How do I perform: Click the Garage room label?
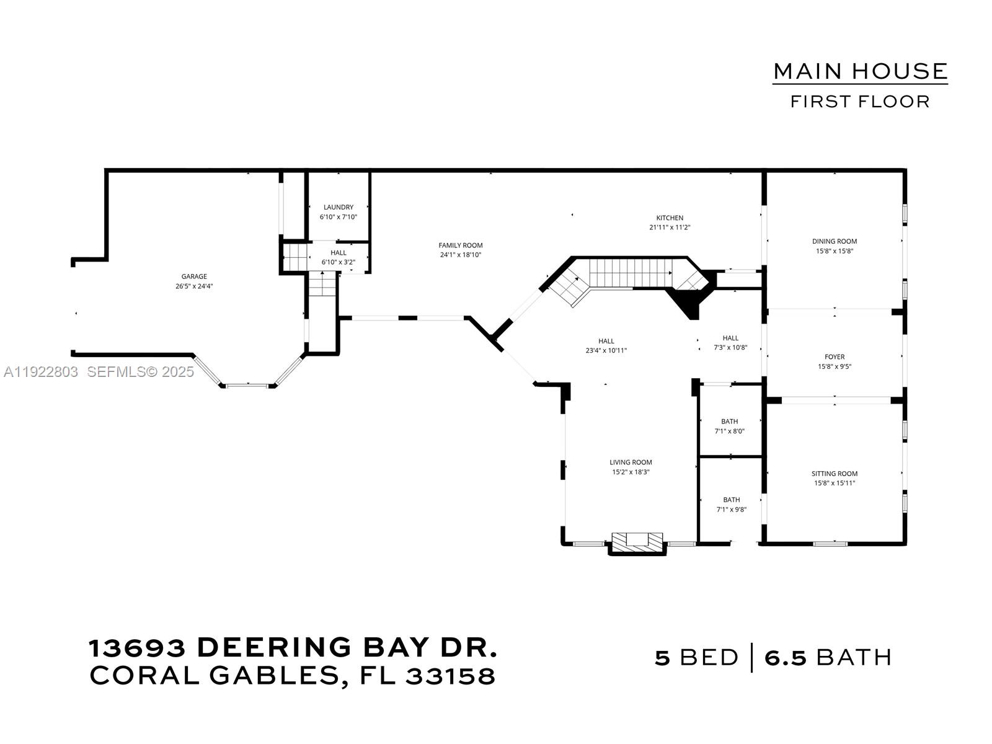click(194, 277)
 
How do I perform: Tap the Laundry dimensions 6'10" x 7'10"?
click(338, 217)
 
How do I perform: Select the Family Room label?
click(460, 246)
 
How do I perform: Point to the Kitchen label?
click(670, 218)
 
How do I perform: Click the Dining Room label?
click(834, 241)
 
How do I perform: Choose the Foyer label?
click(834, 356)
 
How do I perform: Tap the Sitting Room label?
click(834, 474)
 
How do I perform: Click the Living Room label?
click(631, 462)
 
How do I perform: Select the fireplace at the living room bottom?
click(637, 540)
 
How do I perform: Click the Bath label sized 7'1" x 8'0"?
click(729, 422)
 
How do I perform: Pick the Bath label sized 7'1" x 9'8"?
click(731, 500)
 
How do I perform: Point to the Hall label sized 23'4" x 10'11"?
click(606, 341)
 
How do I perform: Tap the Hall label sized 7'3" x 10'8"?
click(730, 338)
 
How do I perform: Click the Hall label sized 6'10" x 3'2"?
click(338, 253)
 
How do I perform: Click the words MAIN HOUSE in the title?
click(860, 71)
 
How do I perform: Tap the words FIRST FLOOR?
click(860, 102)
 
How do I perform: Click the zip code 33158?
click(451, 676)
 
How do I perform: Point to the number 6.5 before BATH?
click(786, 657)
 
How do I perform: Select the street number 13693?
click(137, 649)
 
